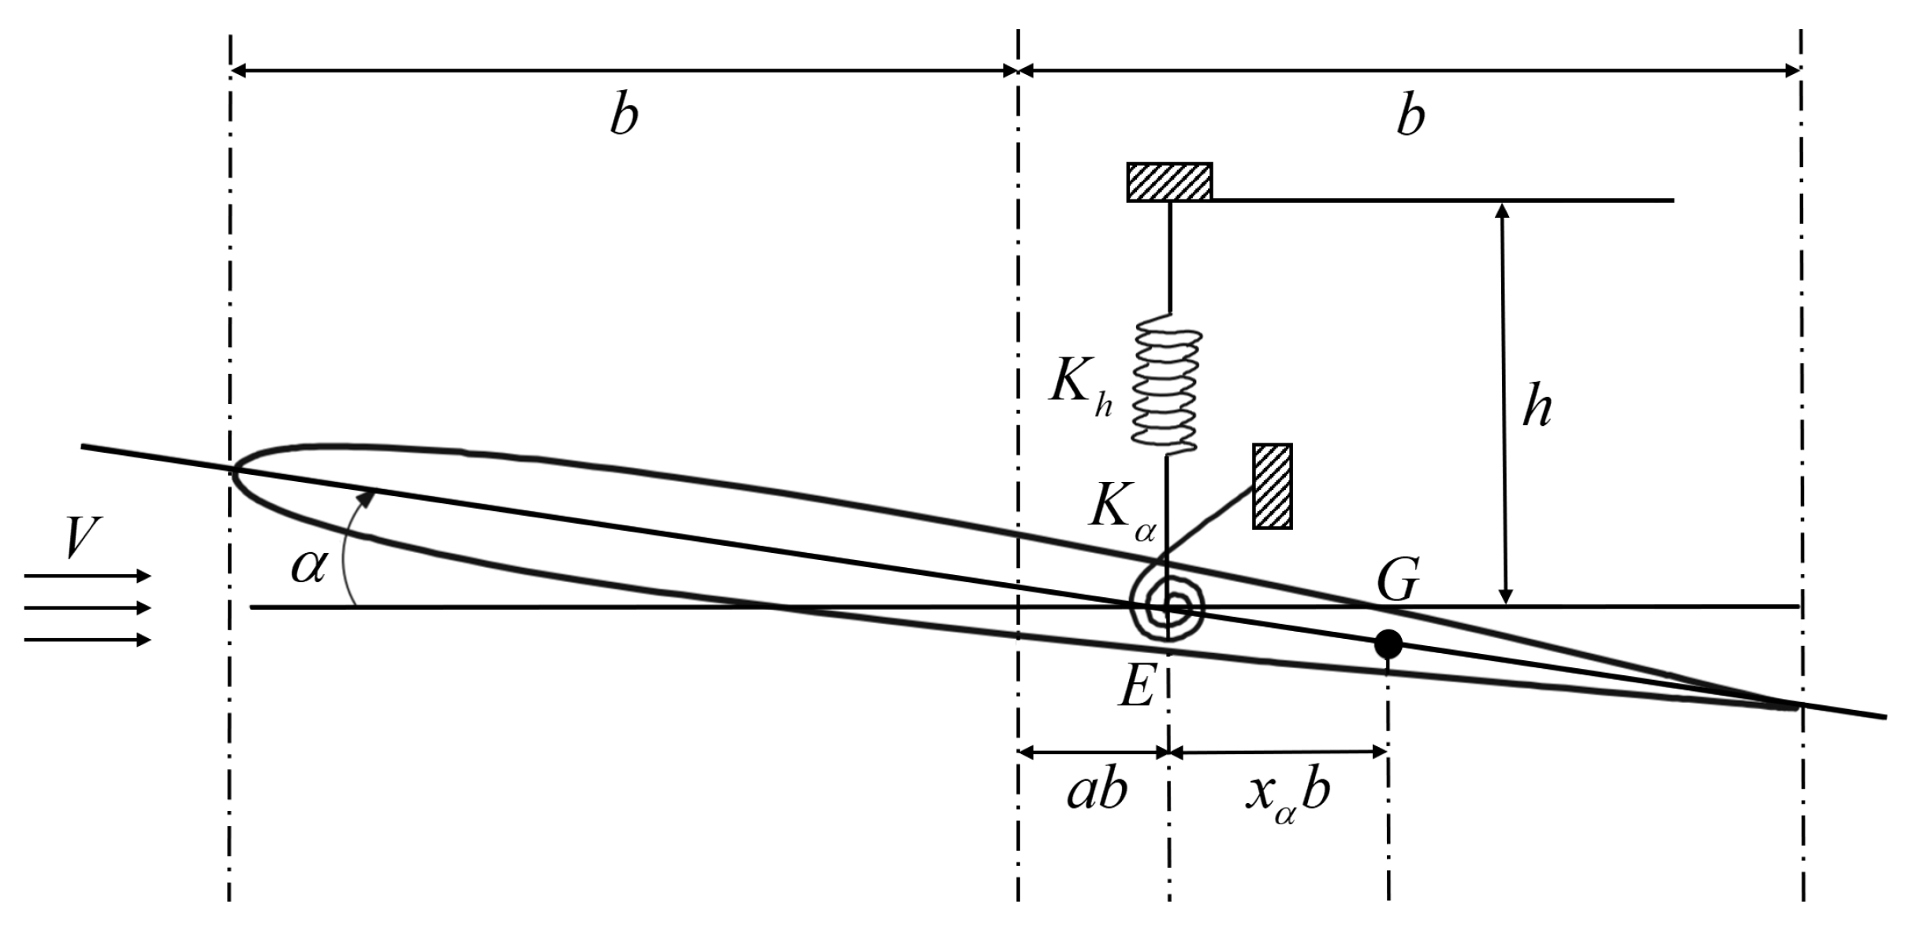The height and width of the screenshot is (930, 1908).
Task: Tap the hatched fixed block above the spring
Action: click(x=1169, y=181)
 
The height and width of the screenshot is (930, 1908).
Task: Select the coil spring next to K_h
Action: click(x=1167, y=384)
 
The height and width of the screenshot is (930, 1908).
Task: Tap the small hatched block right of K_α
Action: click(x=1273, y=486)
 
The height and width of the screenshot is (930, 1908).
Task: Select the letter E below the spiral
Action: click(x=1137, y=685)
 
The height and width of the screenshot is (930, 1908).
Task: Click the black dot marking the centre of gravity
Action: click(x=1388, y=644)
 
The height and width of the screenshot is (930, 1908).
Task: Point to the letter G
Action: click(x=1398, y=580)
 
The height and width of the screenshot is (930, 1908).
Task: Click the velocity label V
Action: click(x=82, y=540)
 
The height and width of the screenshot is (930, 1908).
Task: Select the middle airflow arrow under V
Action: click(x=87, y=608)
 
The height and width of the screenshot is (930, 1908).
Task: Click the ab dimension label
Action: click(x=1097, y=791)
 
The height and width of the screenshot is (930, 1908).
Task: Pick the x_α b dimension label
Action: click(x=1288, y=794)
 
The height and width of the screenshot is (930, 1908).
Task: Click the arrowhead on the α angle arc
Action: click(x=366, y=497)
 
